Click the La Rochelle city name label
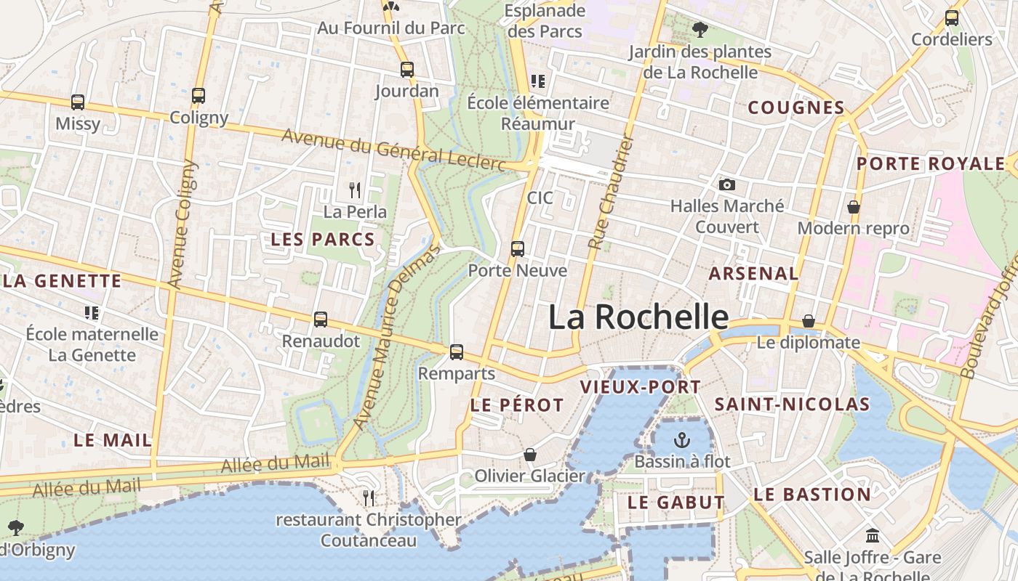point(638,317)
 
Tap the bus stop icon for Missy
point(78,102)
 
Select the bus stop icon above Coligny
point(198,95)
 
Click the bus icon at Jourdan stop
point(407,70)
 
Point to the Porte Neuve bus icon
point(517,249)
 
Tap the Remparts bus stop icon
point(456,352)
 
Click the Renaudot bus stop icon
point(320,319)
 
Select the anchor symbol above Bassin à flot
point(681,439)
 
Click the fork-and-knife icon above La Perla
point(355,190)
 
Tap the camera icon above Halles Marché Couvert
point(726,184)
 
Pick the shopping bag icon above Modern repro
point(853,207)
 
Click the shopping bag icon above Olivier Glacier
point(529,455)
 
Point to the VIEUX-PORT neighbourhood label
point(640,387)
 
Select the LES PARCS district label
point(323,239)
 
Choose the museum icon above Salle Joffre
point(872,536)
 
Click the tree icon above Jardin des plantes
point(700,30)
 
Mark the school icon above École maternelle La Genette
point(92,313)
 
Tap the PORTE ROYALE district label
point(930,163)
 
